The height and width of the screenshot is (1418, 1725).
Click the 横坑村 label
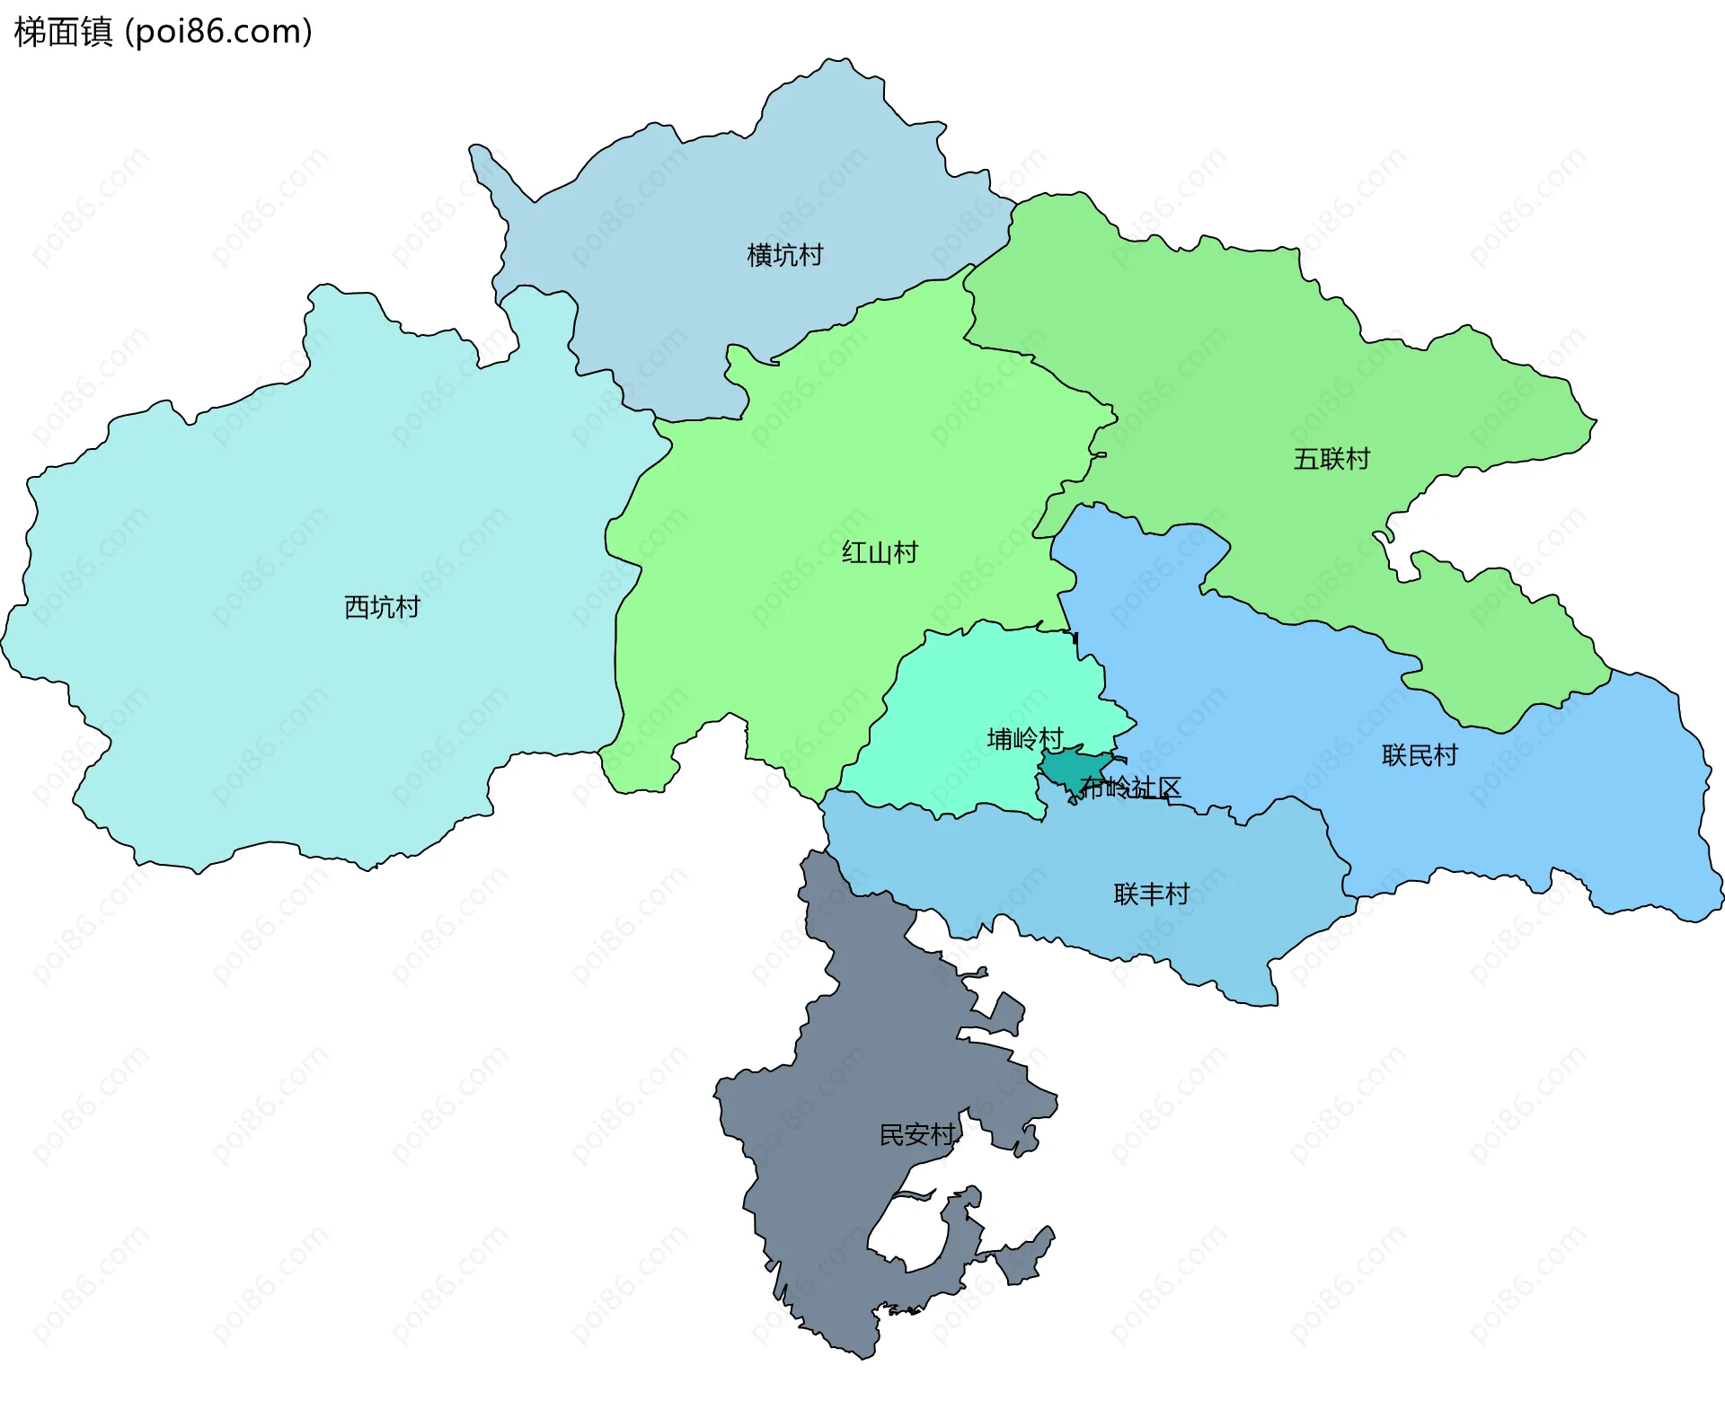click(784, 255)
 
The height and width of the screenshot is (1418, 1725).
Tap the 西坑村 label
click(382, 607)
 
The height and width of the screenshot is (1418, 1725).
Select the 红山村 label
click(880, 552)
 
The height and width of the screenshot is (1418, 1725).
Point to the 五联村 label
click(1331, 459)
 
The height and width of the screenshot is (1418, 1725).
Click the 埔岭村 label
click(1025, 738)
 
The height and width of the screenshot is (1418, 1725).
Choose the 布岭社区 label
click(1130, 788)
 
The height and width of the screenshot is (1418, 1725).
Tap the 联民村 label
click(1420, 755)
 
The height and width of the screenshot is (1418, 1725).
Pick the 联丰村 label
click(1151, 894)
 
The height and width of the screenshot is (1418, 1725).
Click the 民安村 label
click(916, 1135)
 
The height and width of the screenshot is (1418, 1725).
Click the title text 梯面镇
click(63, 31)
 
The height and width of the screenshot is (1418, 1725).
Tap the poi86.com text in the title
click(217, 31)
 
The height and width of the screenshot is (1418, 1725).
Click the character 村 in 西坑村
click(408, 607)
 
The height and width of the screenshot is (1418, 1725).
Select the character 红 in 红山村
click(854, 552)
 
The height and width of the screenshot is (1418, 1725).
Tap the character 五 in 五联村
click(1305, 459)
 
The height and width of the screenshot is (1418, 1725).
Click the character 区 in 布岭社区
click(1169, 788)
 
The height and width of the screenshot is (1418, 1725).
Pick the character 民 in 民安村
click(891, 1135)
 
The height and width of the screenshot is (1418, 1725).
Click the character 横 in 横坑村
click(759, 255)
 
